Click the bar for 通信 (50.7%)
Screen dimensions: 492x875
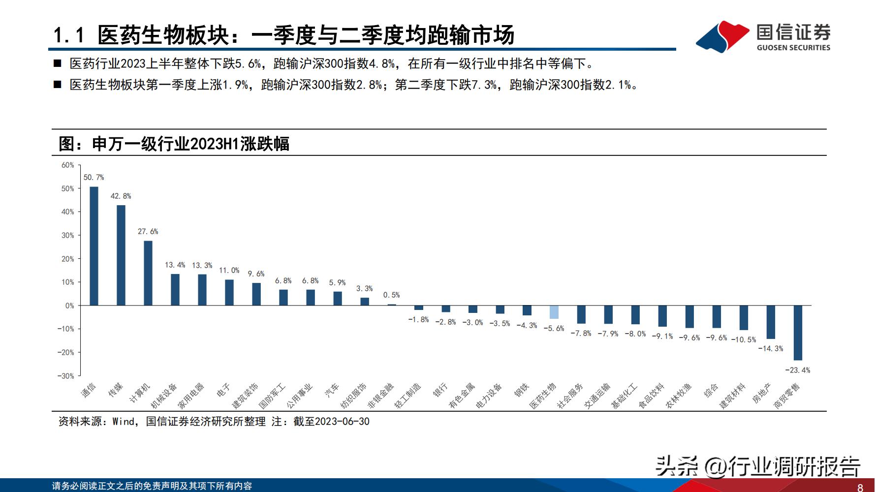tap(94, 246)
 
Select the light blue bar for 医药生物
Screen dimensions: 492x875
tap(554, 312)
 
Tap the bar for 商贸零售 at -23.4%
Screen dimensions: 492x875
tap(798, 333)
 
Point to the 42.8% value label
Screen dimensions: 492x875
tap(121, 196)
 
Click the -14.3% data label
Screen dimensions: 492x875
tap(770, 348)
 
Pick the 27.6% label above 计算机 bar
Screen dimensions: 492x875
tap(148, 231)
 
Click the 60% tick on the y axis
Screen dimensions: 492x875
tap(67, 165)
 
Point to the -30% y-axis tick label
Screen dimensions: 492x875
tap(66, 376)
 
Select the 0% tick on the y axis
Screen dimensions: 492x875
tap(69, 306)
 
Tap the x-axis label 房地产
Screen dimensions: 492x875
tap(762, 393)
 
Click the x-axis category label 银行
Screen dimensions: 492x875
tap(440, 390)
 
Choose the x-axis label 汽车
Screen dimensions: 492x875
tap(332, 390)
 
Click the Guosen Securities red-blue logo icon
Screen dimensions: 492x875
tap(722, 36)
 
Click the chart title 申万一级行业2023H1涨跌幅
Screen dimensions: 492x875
tap(190, 144)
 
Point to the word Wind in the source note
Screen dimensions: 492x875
tap(123, 422)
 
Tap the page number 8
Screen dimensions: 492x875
tap(860, 488)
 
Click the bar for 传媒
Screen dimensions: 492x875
tap(121, 255)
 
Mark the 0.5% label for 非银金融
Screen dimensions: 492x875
tap(391, 295)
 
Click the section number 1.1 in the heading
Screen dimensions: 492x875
tap(68, 36)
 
